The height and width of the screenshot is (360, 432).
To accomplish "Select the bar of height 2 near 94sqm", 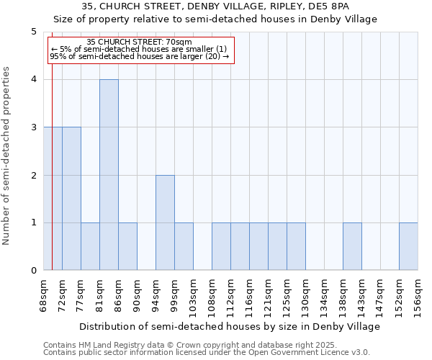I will pos(165,222).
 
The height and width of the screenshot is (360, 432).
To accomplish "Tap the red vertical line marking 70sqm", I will pos(53,180).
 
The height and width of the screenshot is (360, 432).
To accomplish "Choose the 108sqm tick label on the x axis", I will pos(212,295).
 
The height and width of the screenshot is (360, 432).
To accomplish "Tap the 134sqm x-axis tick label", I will pos(324,295).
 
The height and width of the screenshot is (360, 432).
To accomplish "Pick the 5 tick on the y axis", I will pos(33,32).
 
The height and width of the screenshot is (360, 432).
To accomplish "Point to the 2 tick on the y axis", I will pos(33,175).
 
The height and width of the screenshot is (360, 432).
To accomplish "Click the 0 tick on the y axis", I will pos(33,271).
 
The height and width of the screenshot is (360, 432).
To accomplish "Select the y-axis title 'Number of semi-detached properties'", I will pos(8,156).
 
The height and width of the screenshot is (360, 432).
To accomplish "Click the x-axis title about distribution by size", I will pos(230,326).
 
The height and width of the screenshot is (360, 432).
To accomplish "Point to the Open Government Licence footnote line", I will pos(207,353).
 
